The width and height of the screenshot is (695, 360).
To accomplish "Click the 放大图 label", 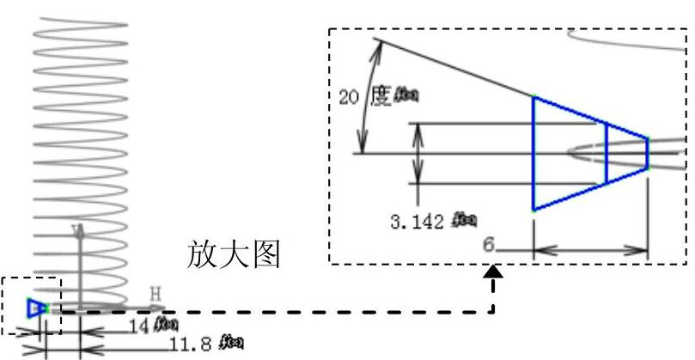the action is point(234,254).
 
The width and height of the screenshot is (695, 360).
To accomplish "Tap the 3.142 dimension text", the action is point(418,223).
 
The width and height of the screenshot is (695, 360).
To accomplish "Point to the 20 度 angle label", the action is point(364,96).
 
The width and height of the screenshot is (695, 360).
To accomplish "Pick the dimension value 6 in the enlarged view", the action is point(488,246).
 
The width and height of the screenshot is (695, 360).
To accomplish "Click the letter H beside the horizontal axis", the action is point(155,296).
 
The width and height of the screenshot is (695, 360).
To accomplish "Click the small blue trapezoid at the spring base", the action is point(35,308).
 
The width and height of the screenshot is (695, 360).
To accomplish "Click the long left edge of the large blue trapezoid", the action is point(533,153).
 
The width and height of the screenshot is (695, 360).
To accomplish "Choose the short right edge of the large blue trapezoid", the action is point(648,154).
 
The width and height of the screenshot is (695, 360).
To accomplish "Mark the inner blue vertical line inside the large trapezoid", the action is point(607,153).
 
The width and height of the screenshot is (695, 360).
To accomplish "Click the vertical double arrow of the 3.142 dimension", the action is point(418,153).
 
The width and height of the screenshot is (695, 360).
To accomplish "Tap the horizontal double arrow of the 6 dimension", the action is point(590,251).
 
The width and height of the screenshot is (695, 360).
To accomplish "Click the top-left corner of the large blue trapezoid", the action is point(533,97).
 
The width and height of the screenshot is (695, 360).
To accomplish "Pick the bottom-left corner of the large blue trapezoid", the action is point(533,210).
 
